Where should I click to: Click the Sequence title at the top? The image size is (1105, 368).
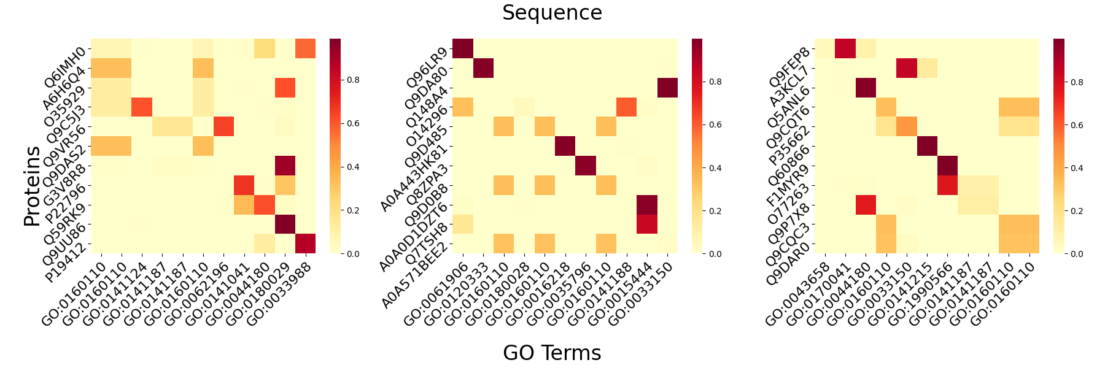point(552,13)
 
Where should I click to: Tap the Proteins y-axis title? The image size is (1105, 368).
point(32,186)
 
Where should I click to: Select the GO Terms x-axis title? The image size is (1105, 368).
point(552,353)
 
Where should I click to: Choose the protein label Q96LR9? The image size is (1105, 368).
point(427,68)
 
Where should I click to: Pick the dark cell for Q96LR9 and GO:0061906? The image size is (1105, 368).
point(463,48)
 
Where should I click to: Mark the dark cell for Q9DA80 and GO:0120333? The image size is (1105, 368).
point(483,68)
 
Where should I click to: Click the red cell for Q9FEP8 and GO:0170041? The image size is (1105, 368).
point(845,48)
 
